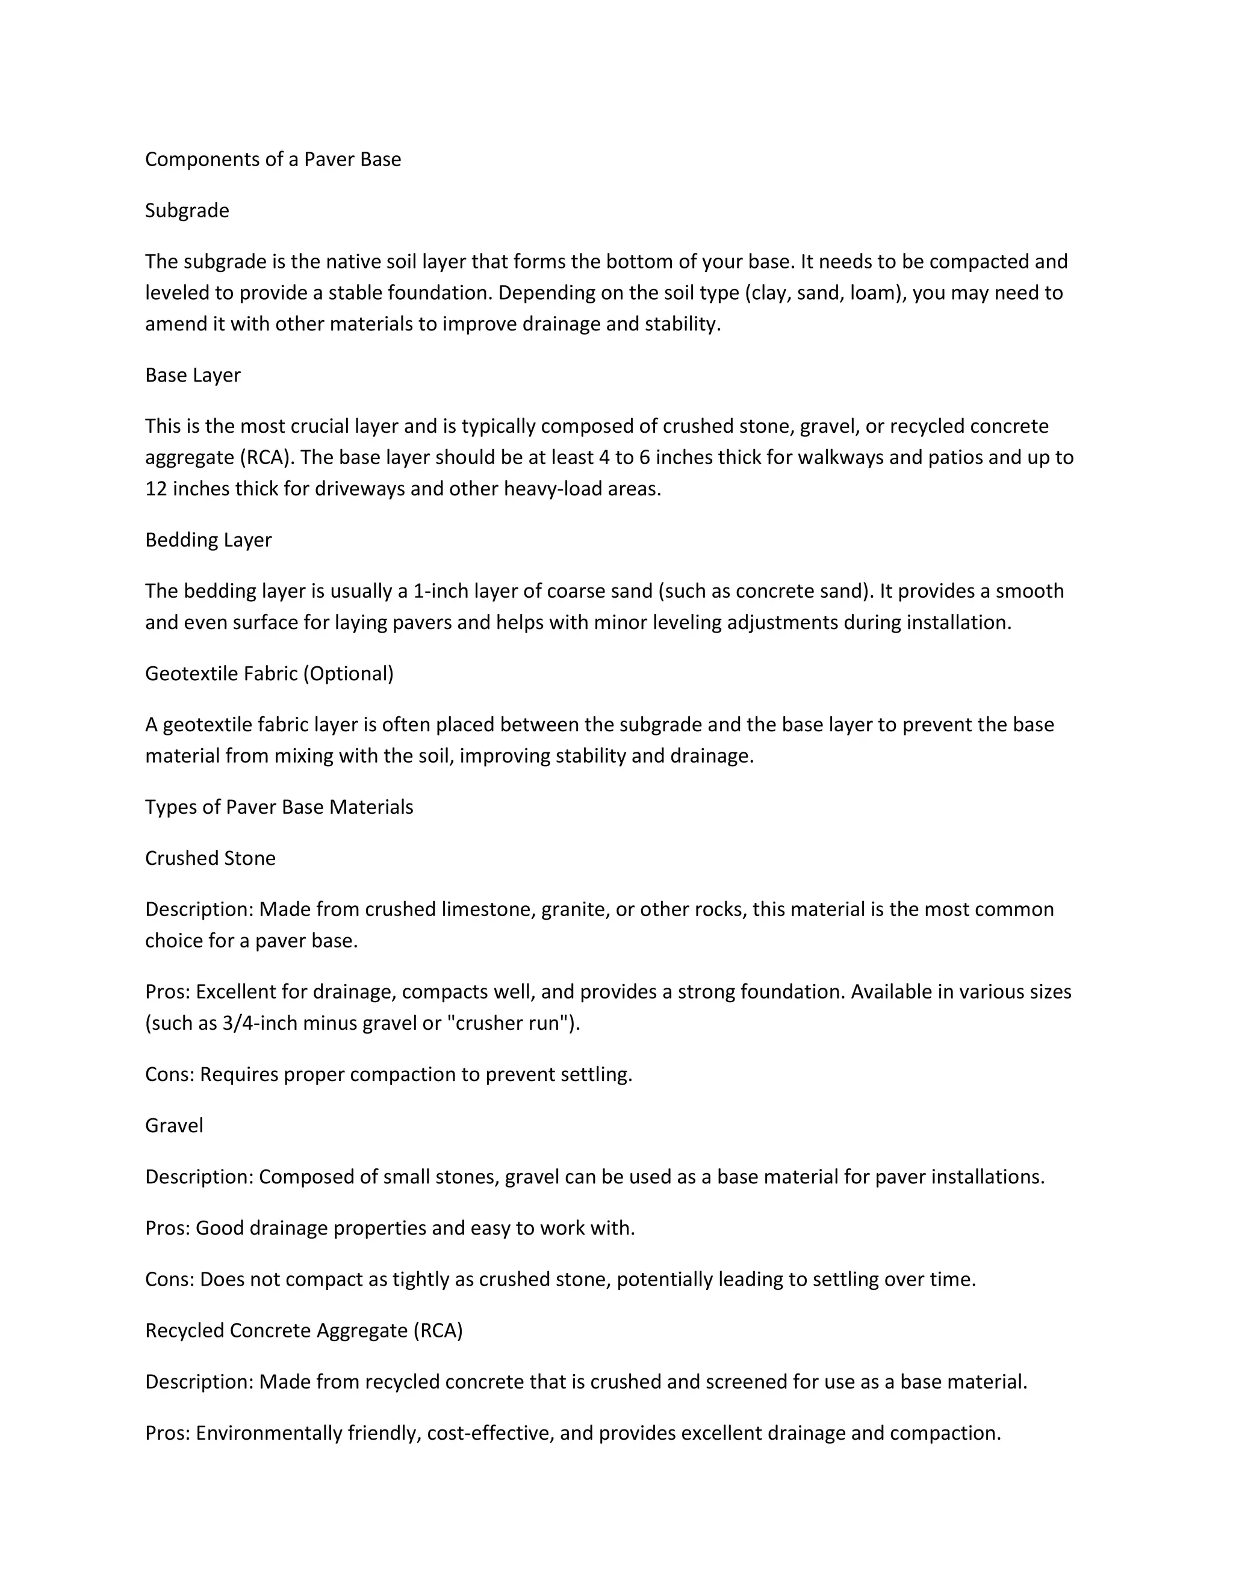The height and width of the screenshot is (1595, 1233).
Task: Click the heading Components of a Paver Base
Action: tap(273, 159)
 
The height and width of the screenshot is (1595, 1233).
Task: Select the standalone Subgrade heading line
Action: tap(187, 210)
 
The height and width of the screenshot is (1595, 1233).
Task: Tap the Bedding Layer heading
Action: tap(208, 540)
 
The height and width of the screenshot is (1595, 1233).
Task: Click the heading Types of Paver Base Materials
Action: tap(279, 807)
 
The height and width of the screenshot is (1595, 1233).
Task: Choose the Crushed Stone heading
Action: tap(210, 858)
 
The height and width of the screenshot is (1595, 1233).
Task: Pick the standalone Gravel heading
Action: tap(174, 1126)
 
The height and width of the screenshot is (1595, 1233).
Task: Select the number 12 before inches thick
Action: tap(157, 489)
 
